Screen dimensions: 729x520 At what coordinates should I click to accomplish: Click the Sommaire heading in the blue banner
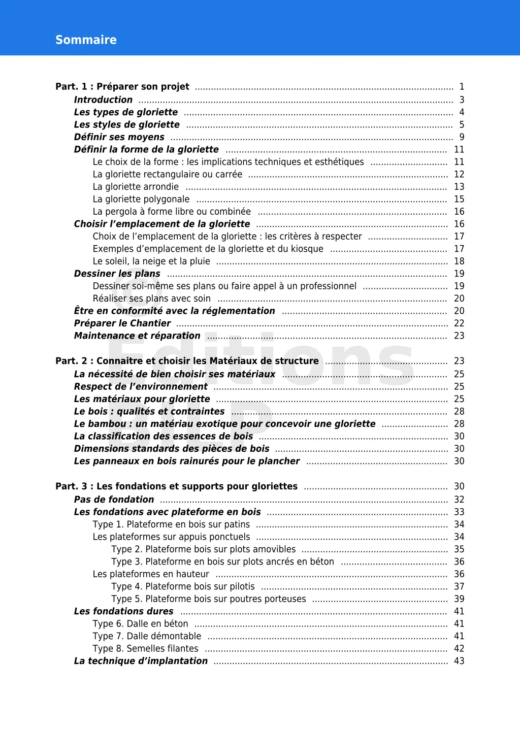tap(86, 40)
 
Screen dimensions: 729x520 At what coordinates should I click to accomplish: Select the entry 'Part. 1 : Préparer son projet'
tap(122, 86)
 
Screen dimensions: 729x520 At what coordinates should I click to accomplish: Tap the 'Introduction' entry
tap(103, 100)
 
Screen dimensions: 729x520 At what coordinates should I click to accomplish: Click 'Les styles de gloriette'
tap(126, 124)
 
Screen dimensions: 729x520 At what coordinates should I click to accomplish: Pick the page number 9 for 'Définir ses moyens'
tap(462, 137)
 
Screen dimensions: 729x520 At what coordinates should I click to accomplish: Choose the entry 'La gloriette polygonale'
tap(141, 199)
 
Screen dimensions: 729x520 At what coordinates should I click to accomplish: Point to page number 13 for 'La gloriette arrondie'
tap(459, 187)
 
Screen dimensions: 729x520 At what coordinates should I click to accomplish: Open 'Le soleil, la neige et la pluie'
tap(151, 261)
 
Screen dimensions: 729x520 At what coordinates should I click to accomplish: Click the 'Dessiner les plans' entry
tap(117, 274)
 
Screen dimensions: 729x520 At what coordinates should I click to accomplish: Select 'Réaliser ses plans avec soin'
tap(151, 299)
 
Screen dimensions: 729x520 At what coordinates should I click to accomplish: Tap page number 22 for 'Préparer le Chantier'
tap(459, 323)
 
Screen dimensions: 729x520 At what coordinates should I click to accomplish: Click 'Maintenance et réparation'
tap(137, 336)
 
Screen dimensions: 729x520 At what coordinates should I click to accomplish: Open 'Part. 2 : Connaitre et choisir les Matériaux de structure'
tap(187, 361)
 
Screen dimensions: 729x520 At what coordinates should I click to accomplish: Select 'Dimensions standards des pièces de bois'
tap(172, 449)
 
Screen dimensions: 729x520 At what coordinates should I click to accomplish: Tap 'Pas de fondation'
tap(114, 500)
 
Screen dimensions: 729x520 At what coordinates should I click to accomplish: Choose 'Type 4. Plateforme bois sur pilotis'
tap(183, 586)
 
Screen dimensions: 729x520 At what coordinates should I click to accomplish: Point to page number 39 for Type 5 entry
tap(459, 599)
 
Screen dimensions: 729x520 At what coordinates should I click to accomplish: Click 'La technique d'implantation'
tap(141, 661)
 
